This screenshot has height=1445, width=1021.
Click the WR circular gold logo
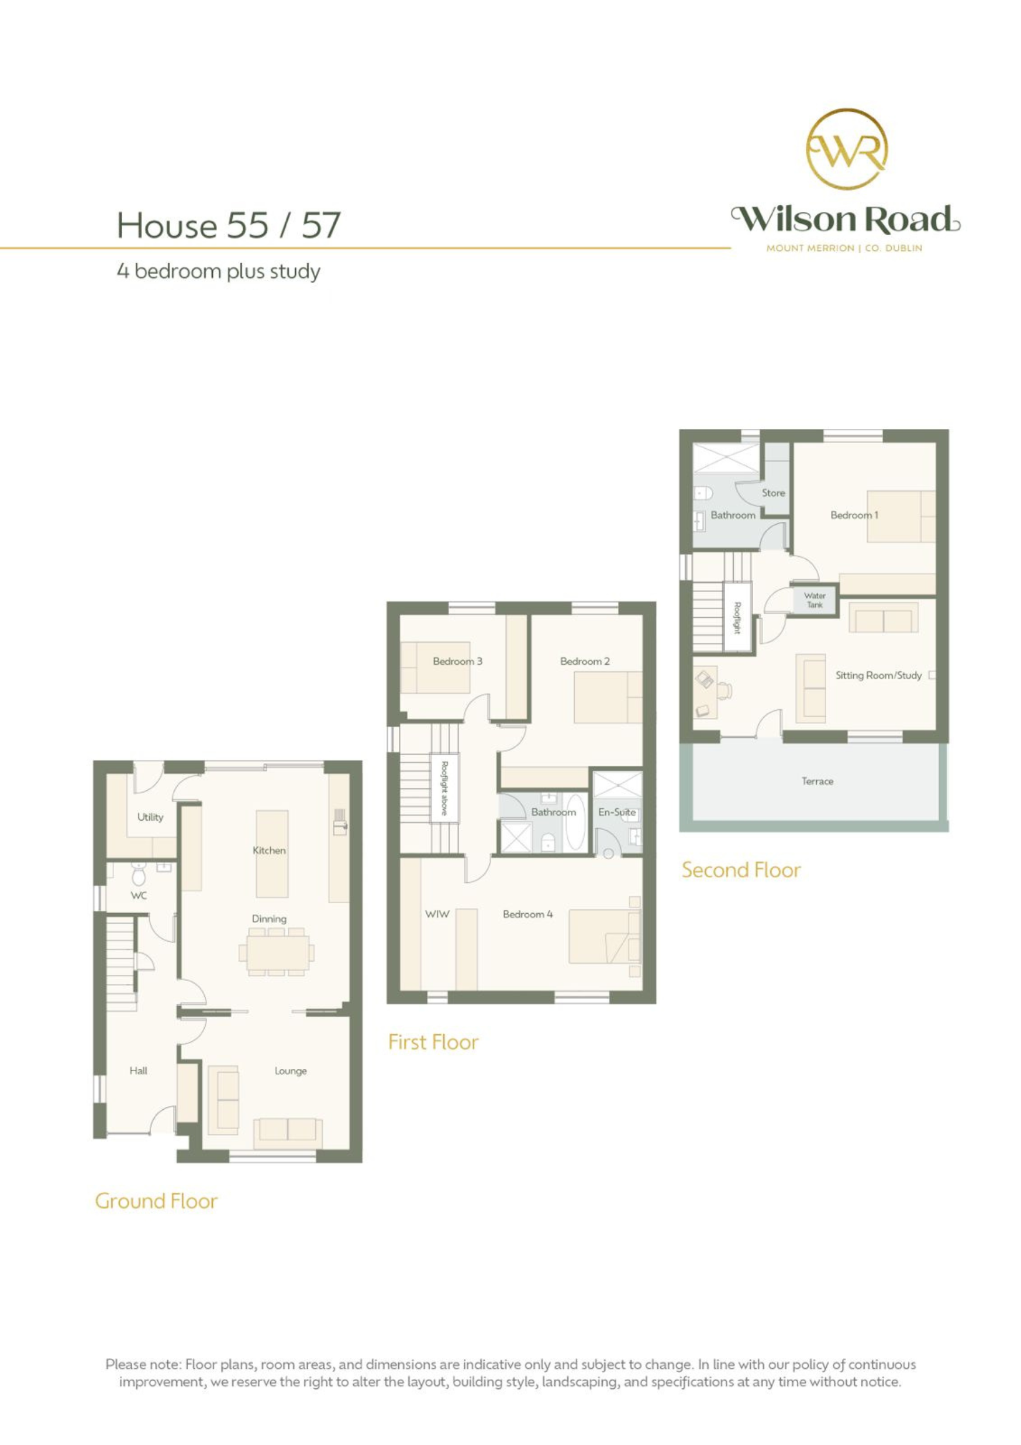847,149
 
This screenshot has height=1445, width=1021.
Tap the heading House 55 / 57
229,225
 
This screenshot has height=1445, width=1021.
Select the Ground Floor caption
156,1201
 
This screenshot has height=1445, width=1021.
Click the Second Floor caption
741,871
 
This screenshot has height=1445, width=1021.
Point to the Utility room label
150,817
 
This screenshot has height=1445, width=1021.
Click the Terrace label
817,781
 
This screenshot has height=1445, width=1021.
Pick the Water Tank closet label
814,600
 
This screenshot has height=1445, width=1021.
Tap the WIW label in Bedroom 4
437,914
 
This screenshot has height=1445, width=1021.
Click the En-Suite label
616,813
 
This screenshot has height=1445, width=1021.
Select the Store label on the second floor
773,493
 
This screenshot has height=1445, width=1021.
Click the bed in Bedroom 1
900,516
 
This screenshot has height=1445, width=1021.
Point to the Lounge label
291,1071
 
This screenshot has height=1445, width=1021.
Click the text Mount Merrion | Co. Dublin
844,248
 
